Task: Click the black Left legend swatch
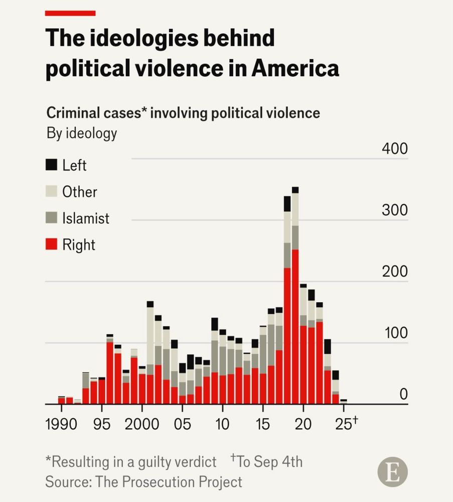click(x=52, y=165)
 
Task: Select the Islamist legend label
click(x=85, y=218)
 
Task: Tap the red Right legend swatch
click(x=52, y=244)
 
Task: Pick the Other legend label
click(x=79, y=192)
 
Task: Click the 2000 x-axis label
click(x=142, y=424)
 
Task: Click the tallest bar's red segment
click(x=295, y=326)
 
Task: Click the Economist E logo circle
click(x=393, y=472)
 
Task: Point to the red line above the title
click(x=70, y=13)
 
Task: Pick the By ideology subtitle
click(x=82, y=134)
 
